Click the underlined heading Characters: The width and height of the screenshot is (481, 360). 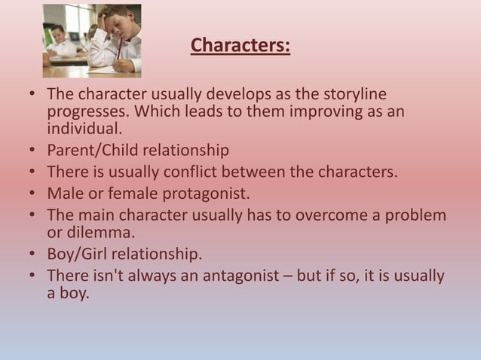coord(240,46)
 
